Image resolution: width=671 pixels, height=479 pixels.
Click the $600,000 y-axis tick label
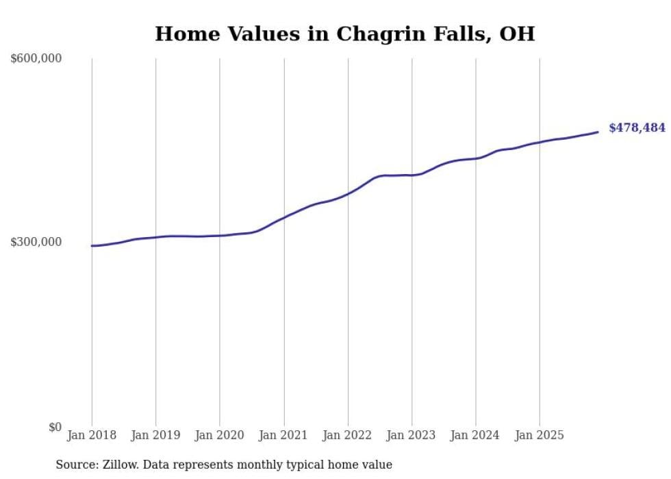coord(36,59)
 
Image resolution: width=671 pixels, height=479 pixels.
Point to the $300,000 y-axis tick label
coord(36,242)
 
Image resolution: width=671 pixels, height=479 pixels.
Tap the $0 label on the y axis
coord(55,427)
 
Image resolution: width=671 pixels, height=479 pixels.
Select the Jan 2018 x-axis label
coord(92,435)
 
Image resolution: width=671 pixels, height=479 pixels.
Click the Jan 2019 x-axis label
coord(155,435)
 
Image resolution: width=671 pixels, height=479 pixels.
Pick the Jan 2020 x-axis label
coord(220,435)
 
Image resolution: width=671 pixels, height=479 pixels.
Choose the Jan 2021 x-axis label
coord(283,435)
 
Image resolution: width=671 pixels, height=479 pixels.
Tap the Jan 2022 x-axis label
coord(348,435)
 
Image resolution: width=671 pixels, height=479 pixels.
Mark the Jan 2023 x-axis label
coord(412,435)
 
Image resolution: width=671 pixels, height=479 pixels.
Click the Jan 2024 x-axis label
coord(476,435)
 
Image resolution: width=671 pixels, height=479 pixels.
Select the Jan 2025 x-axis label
coord(540,435)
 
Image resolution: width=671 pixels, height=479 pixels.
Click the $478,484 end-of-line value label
coord(637,128)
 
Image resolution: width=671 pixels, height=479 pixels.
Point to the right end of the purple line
coord(598,132)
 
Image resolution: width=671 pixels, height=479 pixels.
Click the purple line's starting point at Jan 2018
coord(92,245)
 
